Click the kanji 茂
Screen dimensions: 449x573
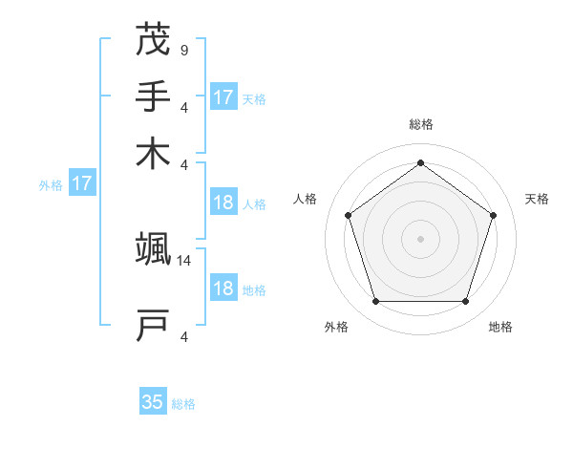(153, 40)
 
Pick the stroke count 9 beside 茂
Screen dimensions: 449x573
(183, 50)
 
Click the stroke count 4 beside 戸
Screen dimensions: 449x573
(183, 335)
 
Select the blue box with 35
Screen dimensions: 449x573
(153, 402)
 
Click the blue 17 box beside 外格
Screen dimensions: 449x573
(81, 183)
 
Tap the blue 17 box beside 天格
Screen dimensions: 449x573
(223, 97)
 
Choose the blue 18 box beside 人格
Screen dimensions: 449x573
(223, 203)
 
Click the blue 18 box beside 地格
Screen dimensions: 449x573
(223, 289)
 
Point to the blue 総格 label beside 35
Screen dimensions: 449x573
(183, 404)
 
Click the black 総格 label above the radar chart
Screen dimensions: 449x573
(421, 124)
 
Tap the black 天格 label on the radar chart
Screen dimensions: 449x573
(538, 199)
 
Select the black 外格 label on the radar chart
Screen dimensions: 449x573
(336, 327)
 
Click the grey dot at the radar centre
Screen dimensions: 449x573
(420, 238)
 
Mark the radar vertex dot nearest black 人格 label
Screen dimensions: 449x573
(349, 215)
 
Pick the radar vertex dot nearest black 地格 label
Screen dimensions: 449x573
(465, 301)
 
